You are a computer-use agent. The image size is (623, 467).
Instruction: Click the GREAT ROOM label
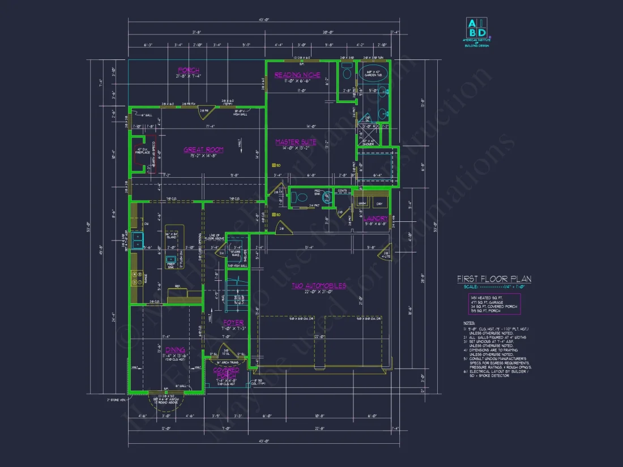coord(203,150)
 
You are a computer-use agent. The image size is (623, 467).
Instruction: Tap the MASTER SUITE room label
coord(296,142)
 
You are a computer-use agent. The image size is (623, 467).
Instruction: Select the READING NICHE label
coord(297,75)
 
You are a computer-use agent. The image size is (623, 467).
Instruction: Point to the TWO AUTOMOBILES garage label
coord(318,286)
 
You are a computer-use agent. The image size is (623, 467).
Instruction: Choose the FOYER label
coord(234,323)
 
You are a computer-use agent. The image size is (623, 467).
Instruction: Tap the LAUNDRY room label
coord(375,218)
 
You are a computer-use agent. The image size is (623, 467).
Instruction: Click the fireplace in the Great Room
coord(140,153)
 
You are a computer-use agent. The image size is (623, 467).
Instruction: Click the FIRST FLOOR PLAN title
coord(494,279)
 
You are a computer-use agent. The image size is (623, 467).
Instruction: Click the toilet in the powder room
coord(298,198)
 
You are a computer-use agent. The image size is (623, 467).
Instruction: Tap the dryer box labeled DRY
coord(379,203)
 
